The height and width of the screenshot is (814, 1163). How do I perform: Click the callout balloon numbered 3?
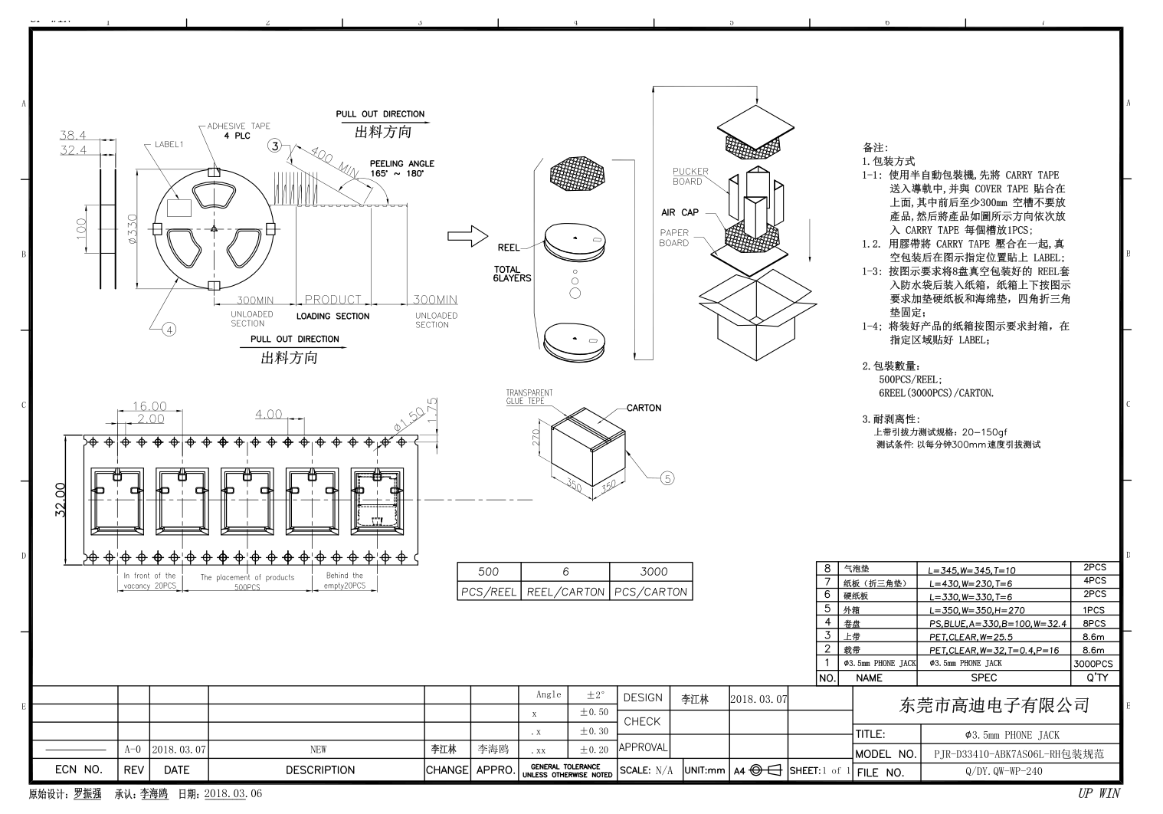275,146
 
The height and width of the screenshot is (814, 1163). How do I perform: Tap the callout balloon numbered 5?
667,478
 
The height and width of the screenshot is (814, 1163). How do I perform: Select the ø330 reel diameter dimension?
132,229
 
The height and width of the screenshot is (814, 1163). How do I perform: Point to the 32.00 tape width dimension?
61,499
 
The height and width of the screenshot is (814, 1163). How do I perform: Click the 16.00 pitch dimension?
149,406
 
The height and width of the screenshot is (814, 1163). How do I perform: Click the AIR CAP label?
680,212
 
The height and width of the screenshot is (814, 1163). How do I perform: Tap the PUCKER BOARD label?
690,176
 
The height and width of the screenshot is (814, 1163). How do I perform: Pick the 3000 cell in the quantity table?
653,571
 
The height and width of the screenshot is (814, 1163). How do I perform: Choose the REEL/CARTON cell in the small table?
565,592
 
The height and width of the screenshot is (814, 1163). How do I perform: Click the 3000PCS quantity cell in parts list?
1093,664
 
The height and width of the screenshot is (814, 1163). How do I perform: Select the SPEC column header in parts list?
984,678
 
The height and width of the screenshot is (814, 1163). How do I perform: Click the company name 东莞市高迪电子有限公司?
993,704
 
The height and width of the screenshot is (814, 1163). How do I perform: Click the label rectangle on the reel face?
179,207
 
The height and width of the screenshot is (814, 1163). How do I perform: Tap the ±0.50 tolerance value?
593,712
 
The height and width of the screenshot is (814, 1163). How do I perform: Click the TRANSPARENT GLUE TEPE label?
529,396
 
